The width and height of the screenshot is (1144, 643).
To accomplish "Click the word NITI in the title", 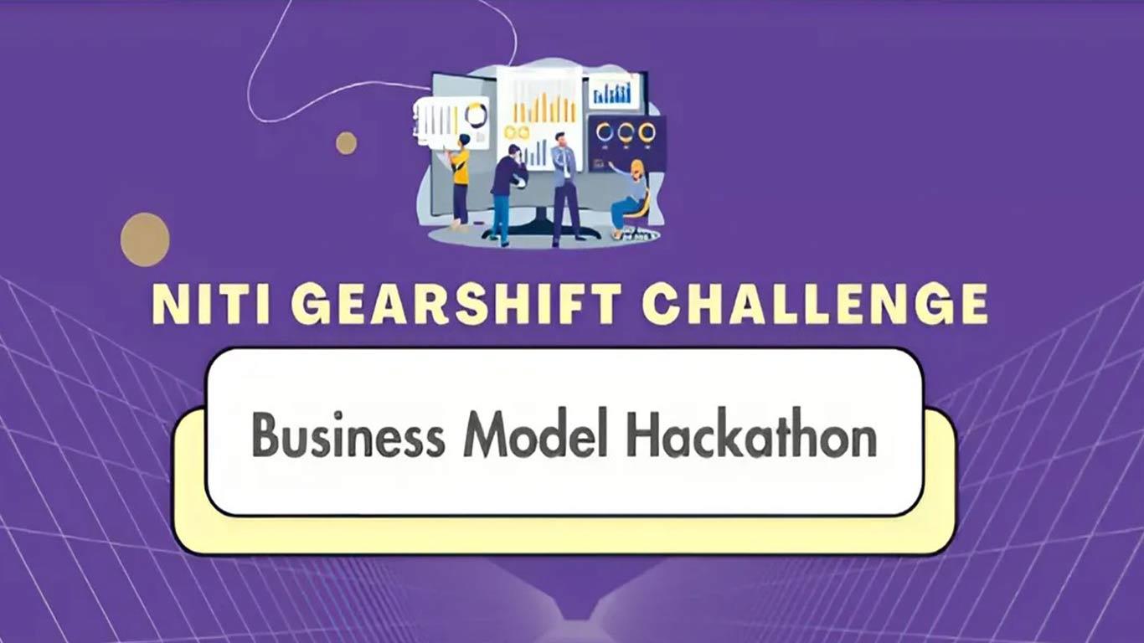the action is pos(211,304).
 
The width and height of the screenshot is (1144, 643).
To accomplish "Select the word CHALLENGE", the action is pos(816,304).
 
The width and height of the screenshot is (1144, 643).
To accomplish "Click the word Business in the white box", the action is pos(348,435).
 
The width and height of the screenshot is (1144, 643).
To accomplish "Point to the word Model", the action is pos(536,434).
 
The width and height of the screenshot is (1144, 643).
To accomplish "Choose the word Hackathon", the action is pos(752,434).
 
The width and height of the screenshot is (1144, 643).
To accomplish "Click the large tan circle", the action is pos(145,239).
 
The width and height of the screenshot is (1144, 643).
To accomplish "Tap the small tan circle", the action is pos(346,143).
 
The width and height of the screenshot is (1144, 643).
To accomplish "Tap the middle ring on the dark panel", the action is pos(626,133).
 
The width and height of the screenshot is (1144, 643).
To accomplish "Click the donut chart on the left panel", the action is pos(476,115).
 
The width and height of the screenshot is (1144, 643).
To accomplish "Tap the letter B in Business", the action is pos(265,435).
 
